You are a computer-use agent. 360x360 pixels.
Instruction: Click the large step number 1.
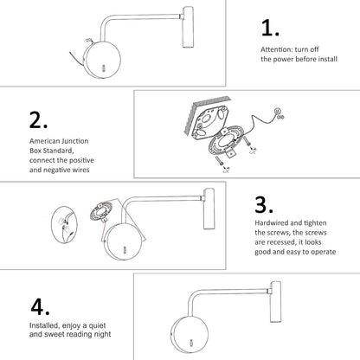[270, 28]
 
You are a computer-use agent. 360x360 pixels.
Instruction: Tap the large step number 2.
[38, 119]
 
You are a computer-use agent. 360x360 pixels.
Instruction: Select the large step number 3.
[264, 204]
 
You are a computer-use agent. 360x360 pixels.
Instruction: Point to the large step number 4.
[40, 306]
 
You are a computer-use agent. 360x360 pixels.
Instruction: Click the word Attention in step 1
[277, 49]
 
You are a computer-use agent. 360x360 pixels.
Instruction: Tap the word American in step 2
[44, 141]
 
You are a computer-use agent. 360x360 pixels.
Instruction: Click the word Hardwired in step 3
[272, 223]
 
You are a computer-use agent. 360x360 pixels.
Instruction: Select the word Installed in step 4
[44, 325]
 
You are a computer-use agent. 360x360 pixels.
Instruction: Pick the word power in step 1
[283, 60]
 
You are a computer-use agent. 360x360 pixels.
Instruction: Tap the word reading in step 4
[79, 334]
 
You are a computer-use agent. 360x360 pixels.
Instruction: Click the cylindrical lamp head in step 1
[188, 27]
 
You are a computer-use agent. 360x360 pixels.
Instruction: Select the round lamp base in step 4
[190, 335]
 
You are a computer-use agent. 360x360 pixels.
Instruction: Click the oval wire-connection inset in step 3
[64, 225]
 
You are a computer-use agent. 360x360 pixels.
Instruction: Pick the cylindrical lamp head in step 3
[209, 209]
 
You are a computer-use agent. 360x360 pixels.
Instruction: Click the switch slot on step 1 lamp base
[103, 69]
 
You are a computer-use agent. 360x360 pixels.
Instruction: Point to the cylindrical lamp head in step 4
[275, 302]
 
